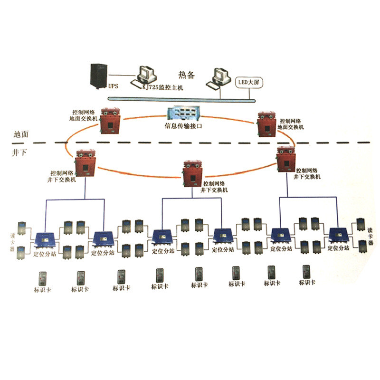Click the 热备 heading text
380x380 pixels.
(187, 75)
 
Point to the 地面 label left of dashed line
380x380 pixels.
(21, 134)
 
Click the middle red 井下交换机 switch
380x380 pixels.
(193, 171)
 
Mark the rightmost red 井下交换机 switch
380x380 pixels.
(287, 159)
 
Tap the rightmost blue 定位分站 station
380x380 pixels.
(340, 235)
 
